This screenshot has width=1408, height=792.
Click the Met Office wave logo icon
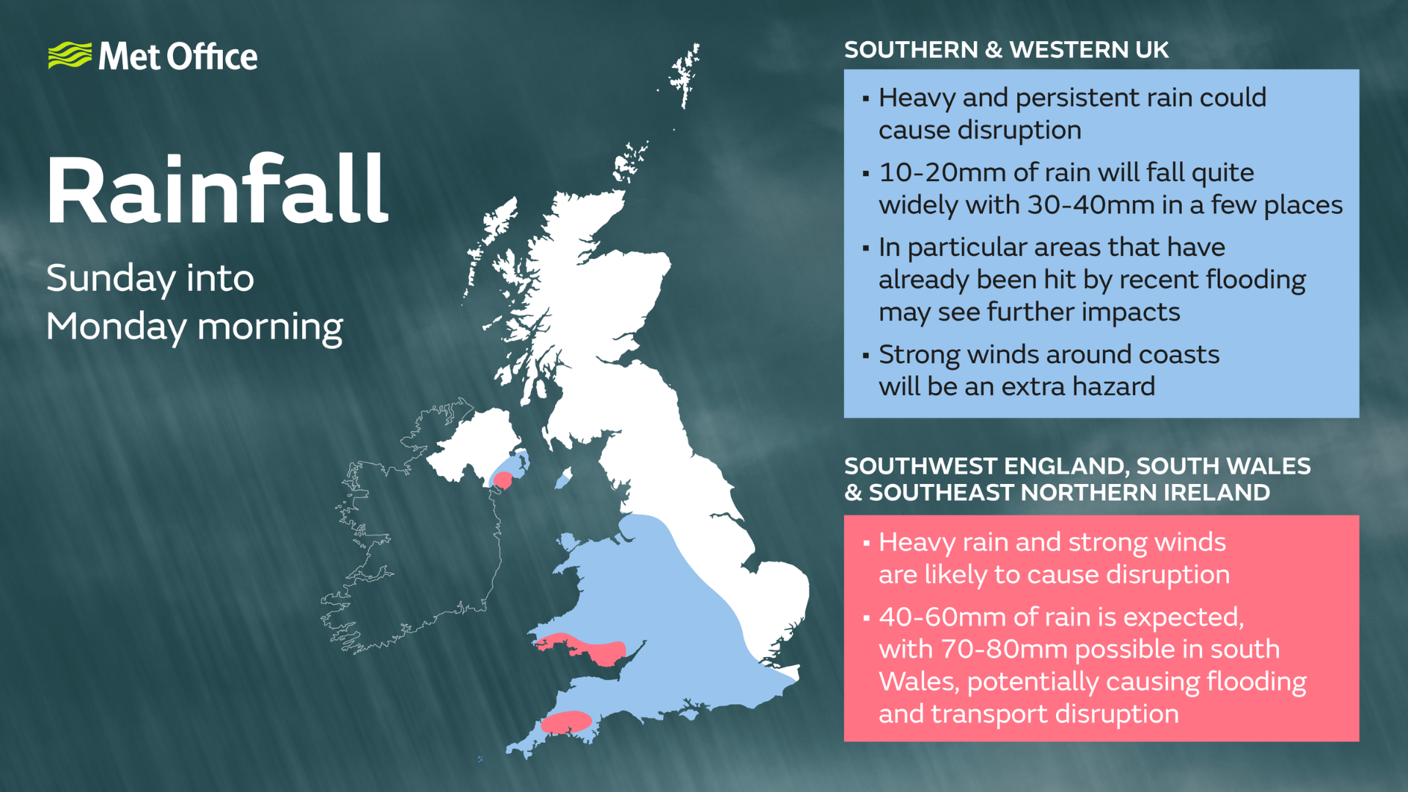click(x=70, y=56)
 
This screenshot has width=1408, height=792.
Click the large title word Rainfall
click(x=217, y=190)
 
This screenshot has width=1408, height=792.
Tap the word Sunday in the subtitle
click(x=109, y=279)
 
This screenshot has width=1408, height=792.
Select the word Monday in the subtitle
click(x=116, y=327)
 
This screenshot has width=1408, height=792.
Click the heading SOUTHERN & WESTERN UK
click(x=1006, y=50)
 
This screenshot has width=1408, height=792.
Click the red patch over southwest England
click(x=566, y=722)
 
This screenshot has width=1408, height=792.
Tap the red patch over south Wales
click(x=587, y=648)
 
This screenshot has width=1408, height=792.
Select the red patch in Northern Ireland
click(x=503, y=480)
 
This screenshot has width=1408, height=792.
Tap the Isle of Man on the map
click(x=563, y=479)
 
